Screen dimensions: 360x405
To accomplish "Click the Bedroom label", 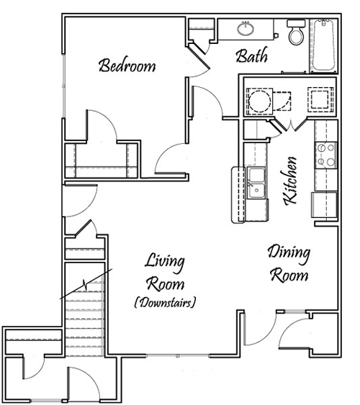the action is (127, 65).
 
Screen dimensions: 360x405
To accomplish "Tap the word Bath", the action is (252, 56).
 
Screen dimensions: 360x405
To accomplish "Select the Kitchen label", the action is (290, 181).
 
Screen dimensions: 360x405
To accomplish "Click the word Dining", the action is (289, 254).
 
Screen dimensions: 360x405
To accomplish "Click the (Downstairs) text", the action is (165, 302).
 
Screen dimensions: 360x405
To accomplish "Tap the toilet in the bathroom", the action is (296, 32).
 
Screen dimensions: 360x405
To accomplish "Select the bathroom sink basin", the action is (246, 28).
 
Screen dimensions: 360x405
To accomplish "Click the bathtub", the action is (323, 45).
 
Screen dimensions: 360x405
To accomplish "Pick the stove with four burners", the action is (326, 155).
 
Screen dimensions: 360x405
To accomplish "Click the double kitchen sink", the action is (256, 183).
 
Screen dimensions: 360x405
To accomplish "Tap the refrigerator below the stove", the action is (325, 204).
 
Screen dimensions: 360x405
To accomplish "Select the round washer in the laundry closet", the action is (259, 101).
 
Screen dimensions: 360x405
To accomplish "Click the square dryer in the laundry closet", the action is (320, 99).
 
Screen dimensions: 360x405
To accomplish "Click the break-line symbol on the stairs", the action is (86, 284).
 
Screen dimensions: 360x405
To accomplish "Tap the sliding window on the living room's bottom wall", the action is (178, 355).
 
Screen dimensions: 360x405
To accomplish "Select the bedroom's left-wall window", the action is (63, 86).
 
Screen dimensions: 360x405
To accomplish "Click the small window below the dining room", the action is (294, 311).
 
